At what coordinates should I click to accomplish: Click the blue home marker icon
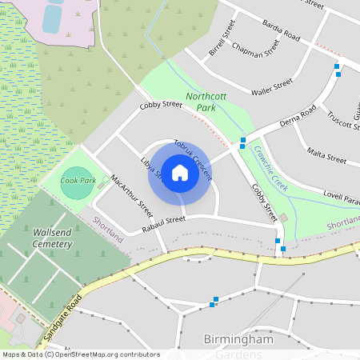[180, 173]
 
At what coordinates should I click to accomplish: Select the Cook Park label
[78, 181]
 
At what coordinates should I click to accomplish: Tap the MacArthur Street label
[132, 196]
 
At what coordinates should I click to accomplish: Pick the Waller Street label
[272, 86]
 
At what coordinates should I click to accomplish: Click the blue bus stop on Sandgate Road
[213, 302]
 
